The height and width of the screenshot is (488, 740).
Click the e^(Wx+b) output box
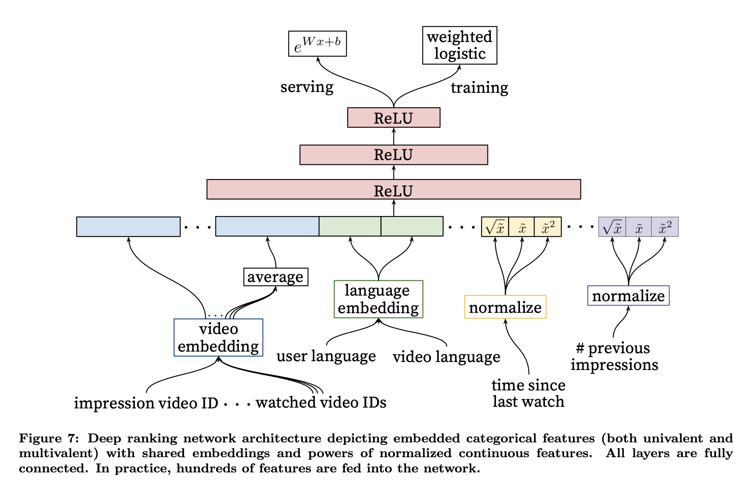317,44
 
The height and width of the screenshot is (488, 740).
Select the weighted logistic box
460,45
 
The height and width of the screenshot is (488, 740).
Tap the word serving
307,87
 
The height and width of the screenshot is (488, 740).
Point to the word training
479,87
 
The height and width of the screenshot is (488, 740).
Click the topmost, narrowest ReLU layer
394,118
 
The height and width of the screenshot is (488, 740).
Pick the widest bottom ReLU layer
394,190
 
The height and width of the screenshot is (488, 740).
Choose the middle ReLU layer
394,155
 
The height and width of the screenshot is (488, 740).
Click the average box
276,277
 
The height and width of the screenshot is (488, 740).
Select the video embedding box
218,338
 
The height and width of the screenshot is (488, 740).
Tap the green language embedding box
378,299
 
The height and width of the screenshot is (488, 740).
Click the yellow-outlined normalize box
505,307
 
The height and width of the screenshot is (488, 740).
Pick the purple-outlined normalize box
628,296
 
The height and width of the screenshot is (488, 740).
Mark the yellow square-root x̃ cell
495,227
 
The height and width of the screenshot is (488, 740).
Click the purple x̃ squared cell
665,227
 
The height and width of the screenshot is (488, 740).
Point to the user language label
326,356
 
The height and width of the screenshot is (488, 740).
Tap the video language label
446,356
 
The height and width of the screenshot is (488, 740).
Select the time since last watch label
528,393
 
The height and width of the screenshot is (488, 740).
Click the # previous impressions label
614,356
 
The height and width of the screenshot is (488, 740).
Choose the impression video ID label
146,403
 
